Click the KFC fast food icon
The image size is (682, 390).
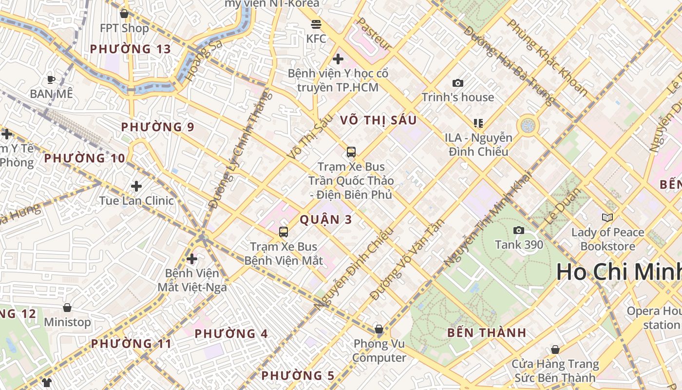point(316,24)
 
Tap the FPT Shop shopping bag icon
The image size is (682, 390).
point(124,14)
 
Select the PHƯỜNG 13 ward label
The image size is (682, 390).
point(131,49)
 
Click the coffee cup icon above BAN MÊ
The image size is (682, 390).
point(51,79)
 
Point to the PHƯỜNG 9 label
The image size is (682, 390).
point(157,127)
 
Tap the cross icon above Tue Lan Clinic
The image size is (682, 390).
point(136,186)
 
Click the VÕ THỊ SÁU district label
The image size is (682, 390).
point(379,120)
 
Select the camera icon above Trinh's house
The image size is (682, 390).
point(457,83)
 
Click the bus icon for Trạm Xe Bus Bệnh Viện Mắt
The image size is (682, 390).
point(284,232)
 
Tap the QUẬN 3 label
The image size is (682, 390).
point(325,219)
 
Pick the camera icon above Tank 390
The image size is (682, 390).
point(519,230)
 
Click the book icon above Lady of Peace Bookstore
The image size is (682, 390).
point(607,217)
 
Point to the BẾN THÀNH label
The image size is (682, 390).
point(487,333)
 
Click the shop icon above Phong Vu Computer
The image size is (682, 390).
point(379,329)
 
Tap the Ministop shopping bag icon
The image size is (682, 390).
point(67,308)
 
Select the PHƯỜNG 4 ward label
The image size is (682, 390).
point(231,334)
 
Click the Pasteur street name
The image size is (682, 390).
point(374,34)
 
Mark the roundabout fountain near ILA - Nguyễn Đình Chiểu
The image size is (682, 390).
point(528,125)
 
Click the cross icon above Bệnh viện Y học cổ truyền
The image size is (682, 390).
point(338,59)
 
